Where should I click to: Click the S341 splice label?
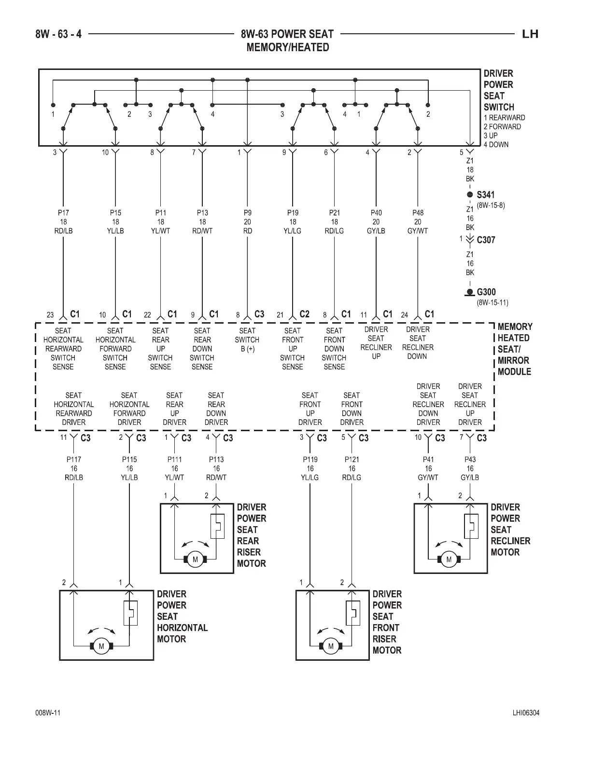pos(485,195)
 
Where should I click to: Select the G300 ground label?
pos(486,292)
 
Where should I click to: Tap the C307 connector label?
pos(486,240)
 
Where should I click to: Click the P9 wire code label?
pos(247,213)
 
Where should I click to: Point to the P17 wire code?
pos(63,213)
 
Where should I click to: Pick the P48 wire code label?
pos(418,213)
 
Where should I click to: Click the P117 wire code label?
pos(74,460)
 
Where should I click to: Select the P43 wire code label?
pos(470,460)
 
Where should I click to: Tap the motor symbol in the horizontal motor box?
pos(101,646)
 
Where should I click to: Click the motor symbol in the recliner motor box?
pos(449,559)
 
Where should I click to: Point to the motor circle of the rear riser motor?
pos(195,559)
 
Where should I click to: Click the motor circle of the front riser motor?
pos(331,646)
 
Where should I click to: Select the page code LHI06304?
pos(526,713)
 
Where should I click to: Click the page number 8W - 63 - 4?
pos(58,34)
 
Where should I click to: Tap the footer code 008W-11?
pos(47,713)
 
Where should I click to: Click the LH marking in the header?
pos(530,34)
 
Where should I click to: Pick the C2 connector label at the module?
pos(304,314)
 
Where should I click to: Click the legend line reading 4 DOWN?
pos(496,145)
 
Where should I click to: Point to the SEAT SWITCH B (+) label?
pos(247,340)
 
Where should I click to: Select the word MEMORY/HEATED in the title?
pos(287,47)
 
